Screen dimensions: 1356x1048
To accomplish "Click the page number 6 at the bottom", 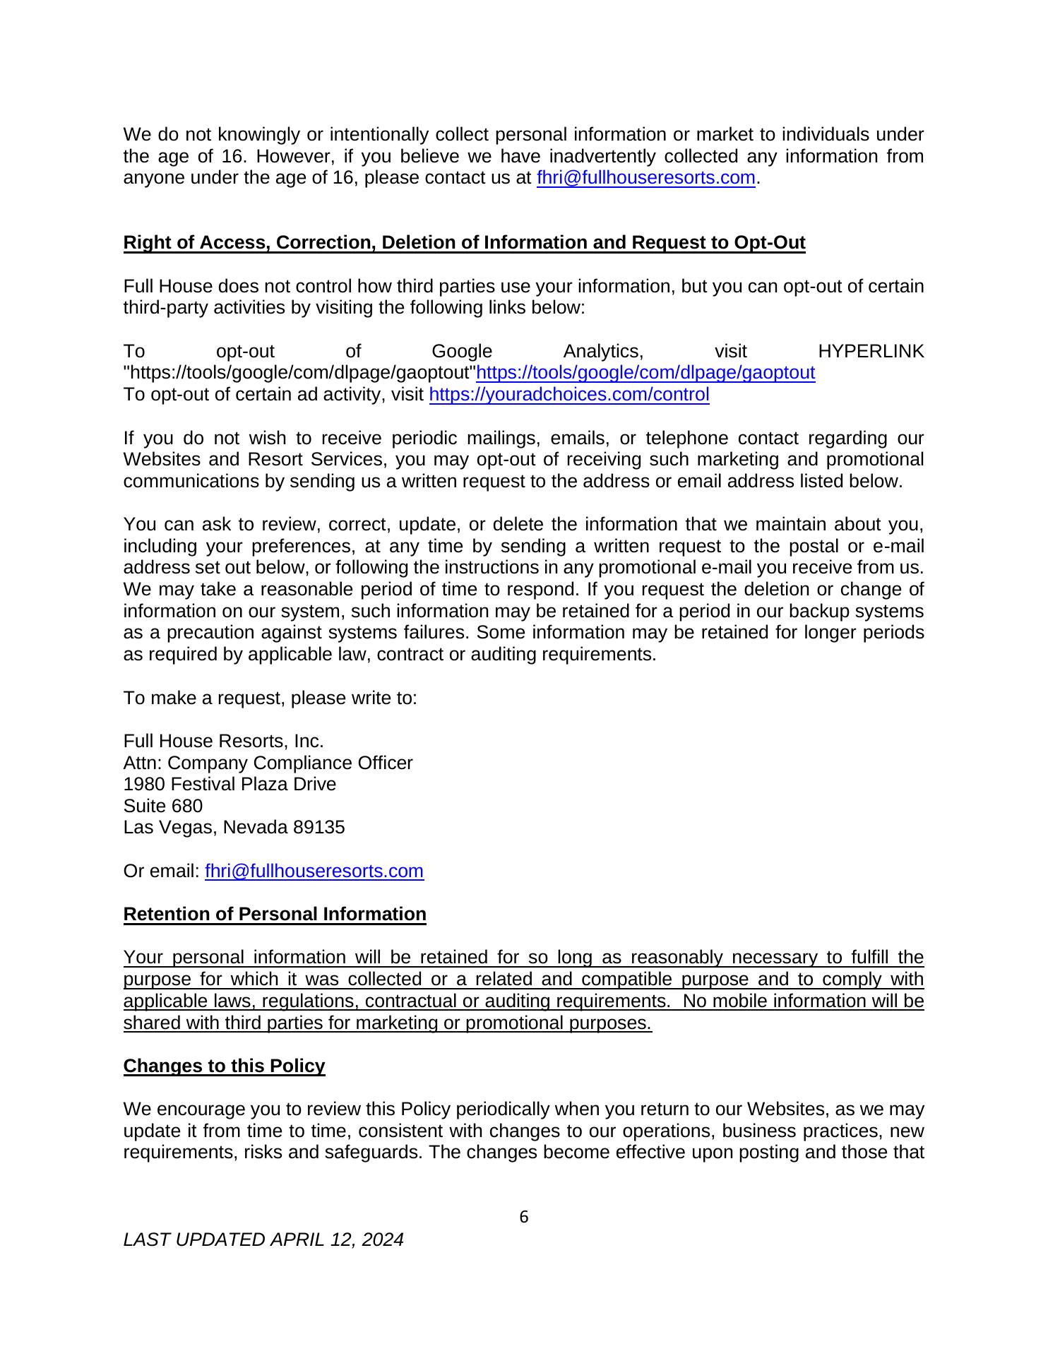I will [x=523, y=1216].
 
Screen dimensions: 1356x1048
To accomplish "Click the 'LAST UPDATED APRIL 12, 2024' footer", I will [x=263, y=1239].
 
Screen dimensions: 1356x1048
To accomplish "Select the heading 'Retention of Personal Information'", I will [x=275, y=914].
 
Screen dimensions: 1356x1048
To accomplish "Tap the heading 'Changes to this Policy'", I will [x=224, y=1066].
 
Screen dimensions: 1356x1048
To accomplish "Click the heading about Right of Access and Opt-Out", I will [x=464, y=242].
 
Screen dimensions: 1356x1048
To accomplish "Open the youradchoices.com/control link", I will [x=569, y=394].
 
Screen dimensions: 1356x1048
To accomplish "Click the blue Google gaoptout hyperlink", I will [x=645, y=372].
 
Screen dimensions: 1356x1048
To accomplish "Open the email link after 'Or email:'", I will [x=314, y=871].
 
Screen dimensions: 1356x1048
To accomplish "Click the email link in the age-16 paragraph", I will [x=646, y=177].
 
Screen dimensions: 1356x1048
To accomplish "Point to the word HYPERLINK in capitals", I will [x=870, y=351].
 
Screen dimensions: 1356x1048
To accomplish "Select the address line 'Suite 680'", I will [x=163, y=806].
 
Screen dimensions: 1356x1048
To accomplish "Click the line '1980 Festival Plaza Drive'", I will [x=230, y=784].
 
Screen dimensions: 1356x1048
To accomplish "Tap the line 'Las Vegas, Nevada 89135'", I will [x=234, y=827].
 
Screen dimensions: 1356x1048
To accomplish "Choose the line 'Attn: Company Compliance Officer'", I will [x=268, y=763].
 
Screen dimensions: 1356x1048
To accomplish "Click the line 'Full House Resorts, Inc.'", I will [x=223, y=741].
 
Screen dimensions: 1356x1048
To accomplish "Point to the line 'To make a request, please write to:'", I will [x=270, y=698].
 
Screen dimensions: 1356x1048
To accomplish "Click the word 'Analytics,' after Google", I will [x=603, y=351].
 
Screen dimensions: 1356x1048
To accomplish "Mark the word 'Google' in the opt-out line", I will [x=461, y=351].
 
